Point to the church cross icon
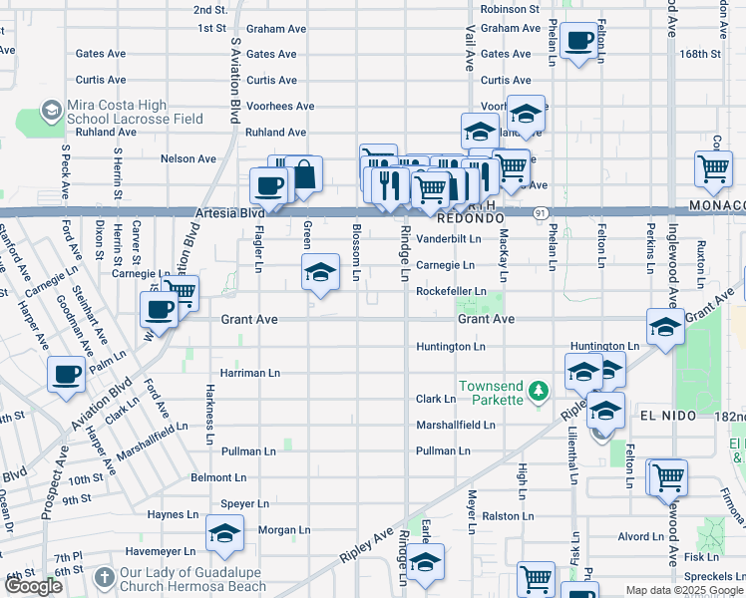point(105,577)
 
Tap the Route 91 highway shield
point(539,212)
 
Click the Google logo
point(33,586)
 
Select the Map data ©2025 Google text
point(684,590)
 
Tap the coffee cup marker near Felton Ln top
point(579,42)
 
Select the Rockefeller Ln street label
point(451,291)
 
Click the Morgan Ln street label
point(284,529)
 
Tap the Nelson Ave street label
point(188,158)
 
